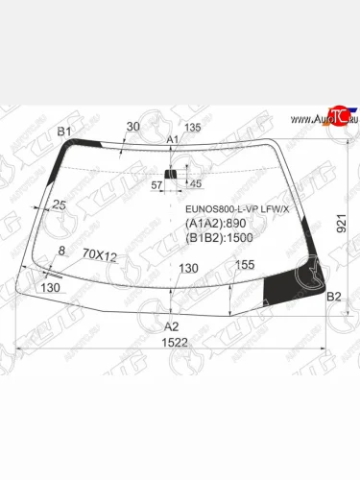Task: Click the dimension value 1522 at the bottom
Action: [172, 342]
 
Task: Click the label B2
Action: [334, 297]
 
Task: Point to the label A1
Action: [174, 140]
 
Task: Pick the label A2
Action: [171, 325]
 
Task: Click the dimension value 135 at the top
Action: [192, 127]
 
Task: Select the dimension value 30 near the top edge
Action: [132, 126]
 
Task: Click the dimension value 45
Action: [196, 182]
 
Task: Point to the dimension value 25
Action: [60, 204]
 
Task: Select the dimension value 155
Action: [244, 264]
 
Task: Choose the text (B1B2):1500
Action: [220, 239]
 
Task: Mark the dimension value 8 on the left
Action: [62, 251]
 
